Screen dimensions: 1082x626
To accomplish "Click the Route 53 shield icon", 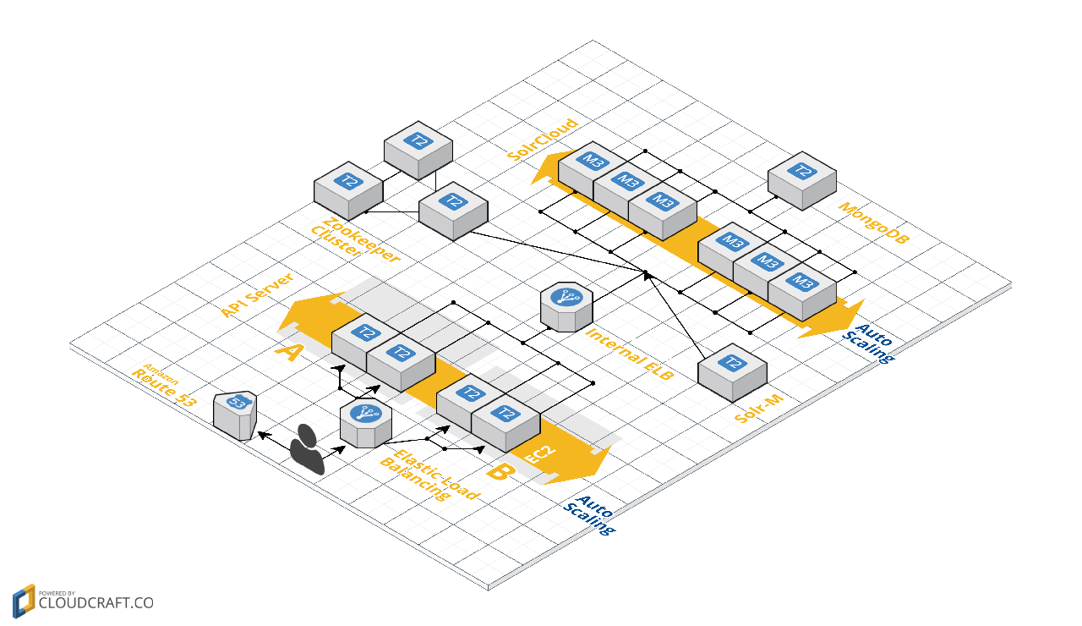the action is [235, 415].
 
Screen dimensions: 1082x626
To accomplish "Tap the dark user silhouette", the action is [307, 449].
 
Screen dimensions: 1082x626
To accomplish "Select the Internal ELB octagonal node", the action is [566, 307].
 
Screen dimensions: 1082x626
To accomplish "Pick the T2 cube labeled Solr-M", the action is [732, 372].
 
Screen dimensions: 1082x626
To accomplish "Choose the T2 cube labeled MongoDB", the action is [802, 180].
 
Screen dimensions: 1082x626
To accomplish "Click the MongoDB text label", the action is [873, 222].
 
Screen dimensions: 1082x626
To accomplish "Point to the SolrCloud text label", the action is [543, 140].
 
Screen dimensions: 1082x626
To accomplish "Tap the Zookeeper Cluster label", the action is [356, 240].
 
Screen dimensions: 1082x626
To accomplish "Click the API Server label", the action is [257, 295].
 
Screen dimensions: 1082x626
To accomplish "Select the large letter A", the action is [290, 352].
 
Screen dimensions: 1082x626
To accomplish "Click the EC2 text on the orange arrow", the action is [540, 455].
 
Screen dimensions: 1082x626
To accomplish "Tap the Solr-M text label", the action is [758, 409].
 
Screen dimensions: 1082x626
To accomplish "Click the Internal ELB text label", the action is [629, 354].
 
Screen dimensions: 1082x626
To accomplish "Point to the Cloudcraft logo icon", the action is [24, 601].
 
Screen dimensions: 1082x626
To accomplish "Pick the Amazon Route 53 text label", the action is [163, 385].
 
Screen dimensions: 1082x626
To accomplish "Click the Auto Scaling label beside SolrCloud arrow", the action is [868, 343].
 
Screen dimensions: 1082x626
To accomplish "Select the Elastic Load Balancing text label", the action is [430, 475].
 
